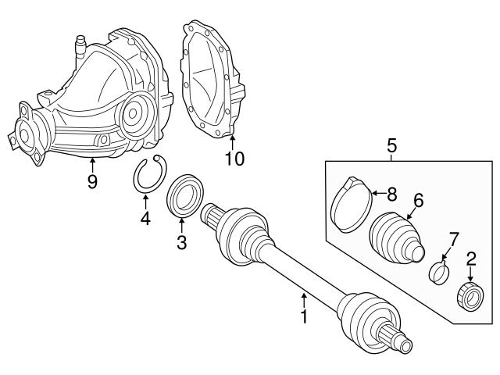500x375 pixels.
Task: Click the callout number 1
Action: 305,317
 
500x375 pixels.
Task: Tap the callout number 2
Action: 471,258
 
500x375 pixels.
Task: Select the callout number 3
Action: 181,243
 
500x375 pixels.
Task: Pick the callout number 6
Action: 419,201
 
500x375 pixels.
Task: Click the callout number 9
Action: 92,182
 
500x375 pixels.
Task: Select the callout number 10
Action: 234,159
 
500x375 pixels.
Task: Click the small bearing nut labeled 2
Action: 470,298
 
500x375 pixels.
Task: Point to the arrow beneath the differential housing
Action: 92,163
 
